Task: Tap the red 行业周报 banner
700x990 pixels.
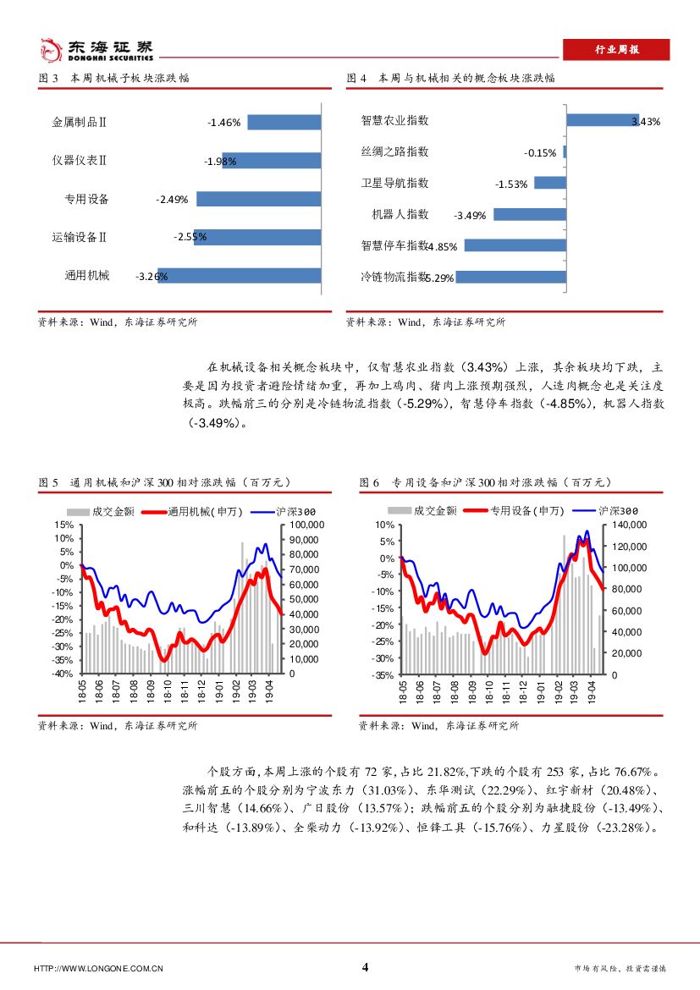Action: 615,50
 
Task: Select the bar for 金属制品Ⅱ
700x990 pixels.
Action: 284,122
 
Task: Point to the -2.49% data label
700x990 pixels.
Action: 172,200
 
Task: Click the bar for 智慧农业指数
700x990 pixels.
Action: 602,120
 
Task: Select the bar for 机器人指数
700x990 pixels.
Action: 529,214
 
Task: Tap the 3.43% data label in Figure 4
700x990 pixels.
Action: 646,122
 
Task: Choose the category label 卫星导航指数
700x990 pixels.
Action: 394,183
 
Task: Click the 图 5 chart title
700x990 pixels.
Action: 165,482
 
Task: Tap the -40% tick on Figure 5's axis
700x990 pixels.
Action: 63,674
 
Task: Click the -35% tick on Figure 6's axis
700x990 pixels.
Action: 383,675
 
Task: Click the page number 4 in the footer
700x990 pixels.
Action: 365,968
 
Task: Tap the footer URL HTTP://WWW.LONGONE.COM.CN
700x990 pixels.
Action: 98,969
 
